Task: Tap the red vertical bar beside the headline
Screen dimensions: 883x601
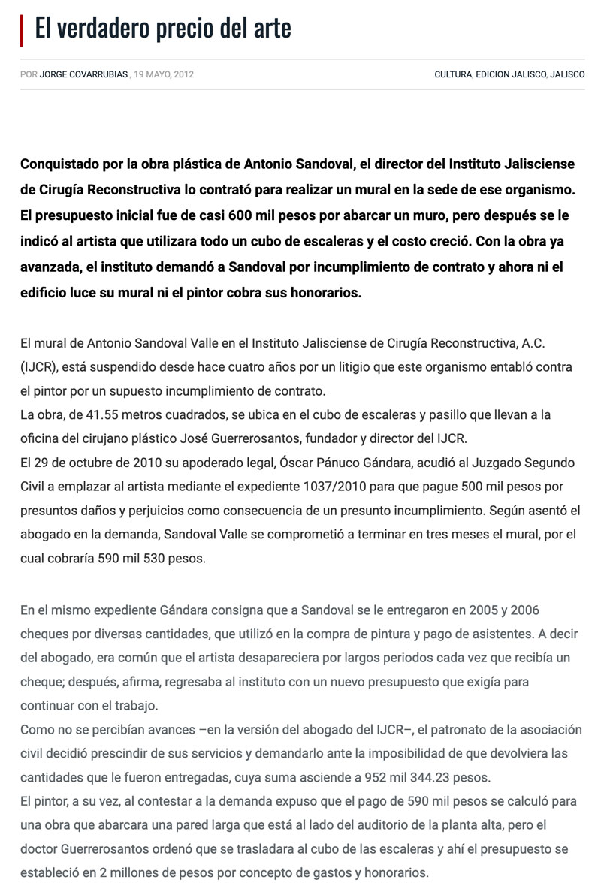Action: coord(22,29)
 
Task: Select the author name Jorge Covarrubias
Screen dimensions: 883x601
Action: coord(84,74)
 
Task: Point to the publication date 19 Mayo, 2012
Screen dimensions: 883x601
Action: coord(164,74)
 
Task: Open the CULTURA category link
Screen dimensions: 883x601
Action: coord(453,74)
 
